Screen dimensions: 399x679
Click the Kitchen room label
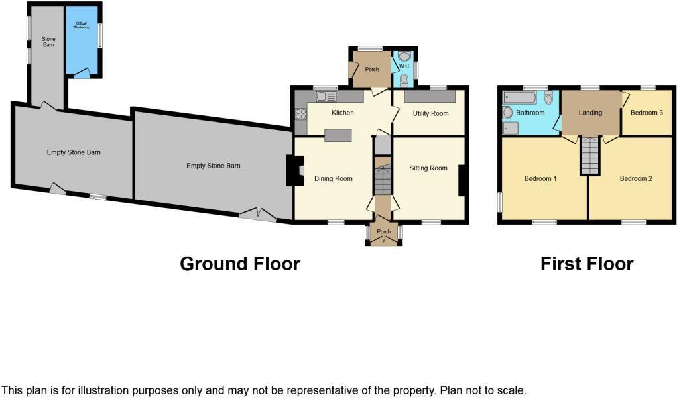pos(343,113)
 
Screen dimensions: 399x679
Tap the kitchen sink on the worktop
pos(326,97)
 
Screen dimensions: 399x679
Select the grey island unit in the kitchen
pos(338,135)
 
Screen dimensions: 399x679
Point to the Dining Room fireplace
pos(293,170)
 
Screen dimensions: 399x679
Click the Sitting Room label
pos(428,168)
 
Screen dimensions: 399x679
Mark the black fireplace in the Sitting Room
pos(462,180)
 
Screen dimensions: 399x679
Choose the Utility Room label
pos(430,113)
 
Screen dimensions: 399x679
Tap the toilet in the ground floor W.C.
pos(404,80)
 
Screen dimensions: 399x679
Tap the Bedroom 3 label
pos(646,113)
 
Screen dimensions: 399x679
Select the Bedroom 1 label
pos(540,178)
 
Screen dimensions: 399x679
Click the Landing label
pos(590,113)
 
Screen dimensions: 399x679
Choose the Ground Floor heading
pos(240,264)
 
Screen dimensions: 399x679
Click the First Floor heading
pos(587,264)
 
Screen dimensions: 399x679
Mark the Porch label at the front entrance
pos(383,232)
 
